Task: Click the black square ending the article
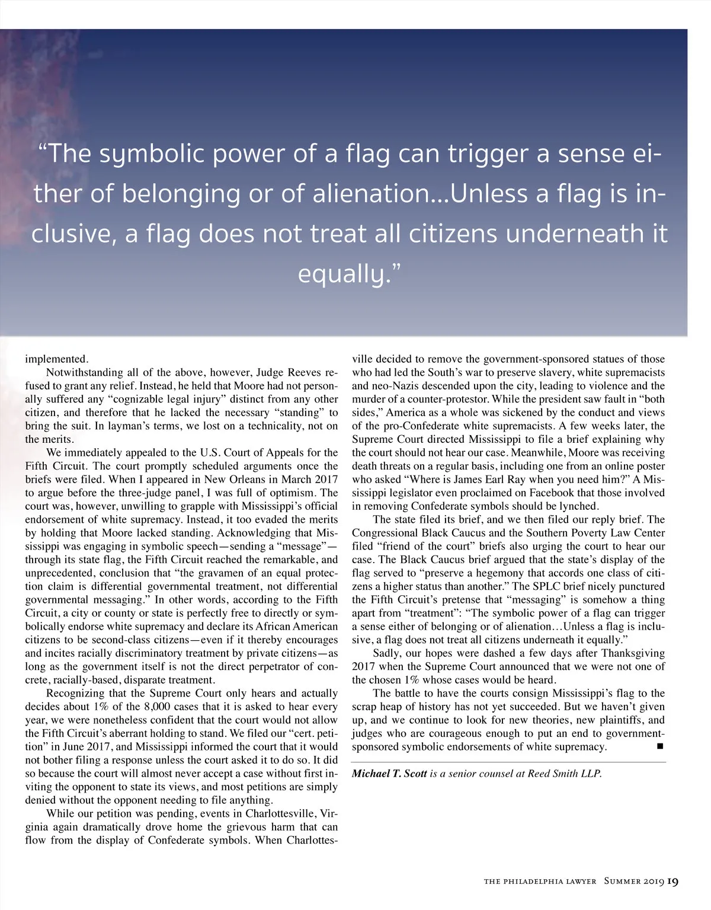(x=659, y=746)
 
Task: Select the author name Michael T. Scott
(x=389, y=774)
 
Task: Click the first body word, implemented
(x=56, y=359)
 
